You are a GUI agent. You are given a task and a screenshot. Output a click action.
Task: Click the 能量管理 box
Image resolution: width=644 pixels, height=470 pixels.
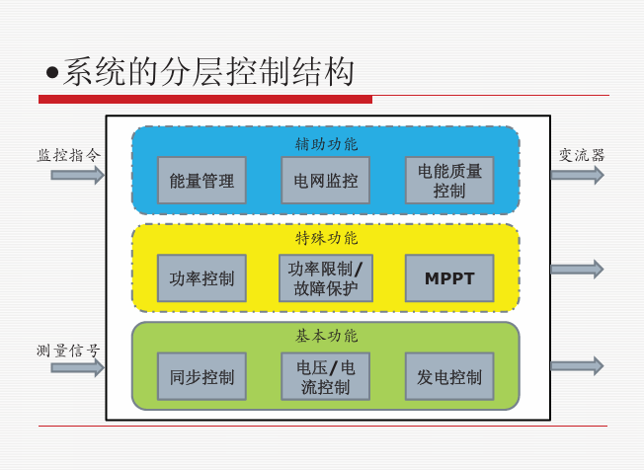pos(201,181)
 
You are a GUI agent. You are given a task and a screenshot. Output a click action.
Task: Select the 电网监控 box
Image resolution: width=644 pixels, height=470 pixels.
pos(325,181)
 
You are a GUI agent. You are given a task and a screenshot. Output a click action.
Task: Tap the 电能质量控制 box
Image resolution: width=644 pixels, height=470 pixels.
pos(449,181)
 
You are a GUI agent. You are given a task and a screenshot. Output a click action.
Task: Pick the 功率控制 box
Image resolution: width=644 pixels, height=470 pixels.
pos(201,278)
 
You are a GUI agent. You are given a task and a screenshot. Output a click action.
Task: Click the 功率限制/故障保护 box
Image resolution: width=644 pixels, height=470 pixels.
pos(326,278)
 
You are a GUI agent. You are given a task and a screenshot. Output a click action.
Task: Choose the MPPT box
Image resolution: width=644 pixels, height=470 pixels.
pos(449,278)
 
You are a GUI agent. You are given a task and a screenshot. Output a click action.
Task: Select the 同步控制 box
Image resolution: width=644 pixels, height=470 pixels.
pos(201,376)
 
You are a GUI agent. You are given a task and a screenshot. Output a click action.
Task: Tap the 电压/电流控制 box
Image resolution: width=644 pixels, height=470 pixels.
pos(325,376)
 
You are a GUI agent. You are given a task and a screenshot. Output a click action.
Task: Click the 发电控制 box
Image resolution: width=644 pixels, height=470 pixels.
pos(449,376)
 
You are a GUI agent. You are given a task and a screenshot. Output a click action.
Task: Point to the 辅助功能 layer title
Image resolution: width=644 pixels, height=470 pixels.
pos(327,144)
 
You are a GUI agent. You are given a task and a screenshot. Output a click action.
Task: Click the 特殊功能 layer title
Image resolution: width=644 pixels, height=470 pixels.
pos(327,238)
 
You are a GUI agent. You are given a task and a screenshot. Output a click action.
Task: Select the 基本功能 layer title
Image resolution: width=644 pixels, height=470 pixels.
pos(327,336)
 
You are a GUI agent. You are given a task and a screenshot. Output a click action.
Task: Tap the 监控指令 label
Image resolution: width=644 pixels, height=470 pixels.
pos(69,155)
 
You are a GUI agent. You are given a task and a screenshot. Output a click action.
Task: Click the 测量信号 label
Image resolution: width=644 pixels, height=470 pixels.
pos(68,351)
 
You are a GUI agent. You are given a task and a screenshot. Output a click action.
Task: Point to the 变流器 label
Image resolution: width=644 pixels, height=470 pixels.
pos(582,156)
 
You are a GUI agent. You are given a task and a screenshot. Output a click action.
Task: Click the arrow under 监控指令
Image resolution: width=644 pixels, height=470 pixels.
pos(78,176)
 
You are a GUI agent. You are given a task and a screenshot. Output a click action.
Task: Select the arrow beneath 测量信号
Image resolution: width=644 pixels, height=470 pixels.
pos(78,367)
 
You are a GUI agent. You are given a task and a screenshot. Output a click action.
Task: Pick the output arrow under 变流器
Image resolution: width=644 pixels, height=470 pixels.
pos(578,175)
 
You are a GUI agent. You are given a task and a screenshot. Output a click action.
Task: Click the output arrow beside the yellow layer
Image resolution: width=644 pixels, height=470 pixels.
pos(578,270)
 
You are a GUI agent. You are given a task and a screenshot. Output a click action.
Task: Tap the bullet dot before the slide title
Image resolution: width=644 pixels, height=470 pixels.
pos(52,73)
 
